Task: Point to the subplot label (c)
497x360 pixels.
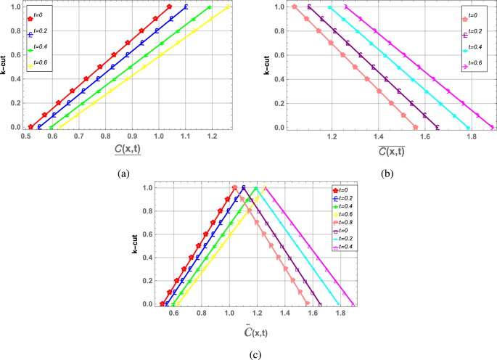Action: [249, 355]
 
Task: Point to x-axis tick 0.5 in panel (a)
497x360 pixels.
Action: [26, 136]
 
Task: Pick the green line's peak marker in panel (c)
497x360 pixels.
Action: [256, 188]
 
